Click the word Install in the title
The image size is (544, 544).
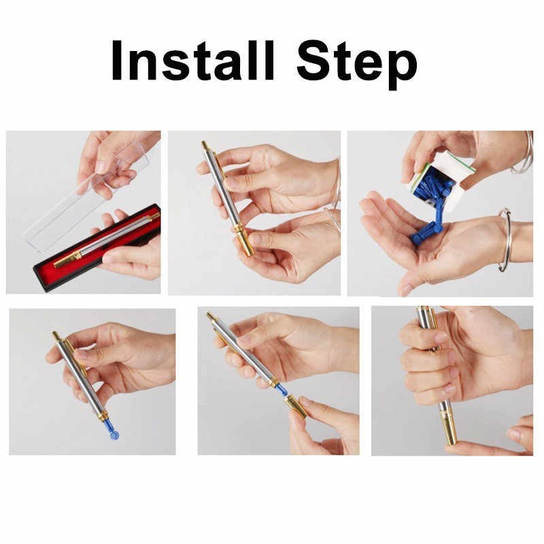click(193, 61)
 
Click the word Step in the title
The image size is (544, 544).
click(357, 65)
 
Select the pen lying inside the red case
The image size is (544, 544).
click(106, 240)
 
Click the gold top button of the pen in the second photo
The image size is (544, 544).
click(205, 145)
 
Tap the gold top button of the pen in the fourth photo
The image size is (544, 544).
click(56, 335)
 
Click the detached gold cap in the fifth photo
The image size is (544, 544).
click(296, 405)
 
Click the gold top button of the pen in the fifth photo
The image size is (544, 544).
click(209, 316)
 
